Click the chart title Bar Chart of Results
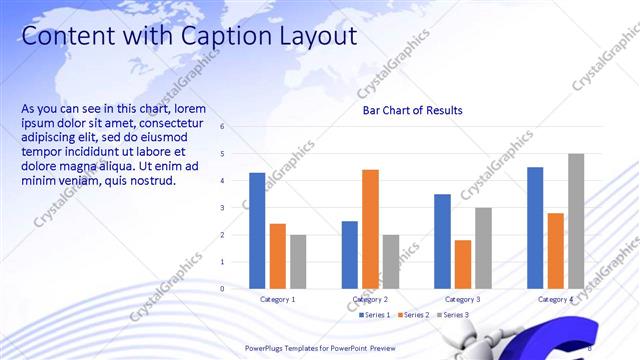412,110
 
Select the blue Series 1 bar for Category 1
257,230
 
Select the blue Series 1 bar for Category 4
535,227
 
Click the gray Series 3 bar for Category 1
298,261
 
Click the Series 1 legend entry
376,315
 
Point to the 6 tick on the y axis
236,127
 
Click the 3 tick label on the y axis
236,208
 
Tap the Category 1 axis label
277,300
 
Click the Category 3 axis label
462,300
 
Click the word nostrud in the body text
153,181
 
